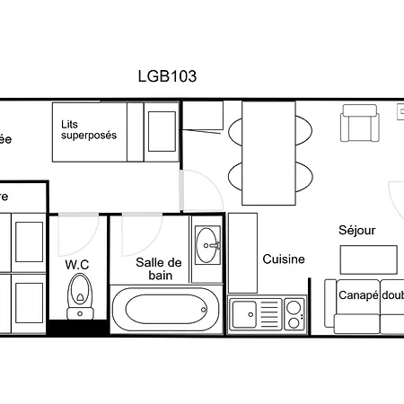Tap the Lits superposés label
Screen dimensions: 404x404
point(89,130)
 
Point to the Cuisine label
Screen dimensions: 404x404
point(284,259)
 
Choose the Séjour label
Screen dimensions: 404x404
point(356,230)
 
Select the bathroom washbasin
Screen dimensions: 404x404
point(208,242)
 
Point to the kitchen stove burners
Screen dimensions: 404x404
point(294,314)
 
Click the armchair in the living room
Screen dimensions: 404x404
point(360,123)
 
